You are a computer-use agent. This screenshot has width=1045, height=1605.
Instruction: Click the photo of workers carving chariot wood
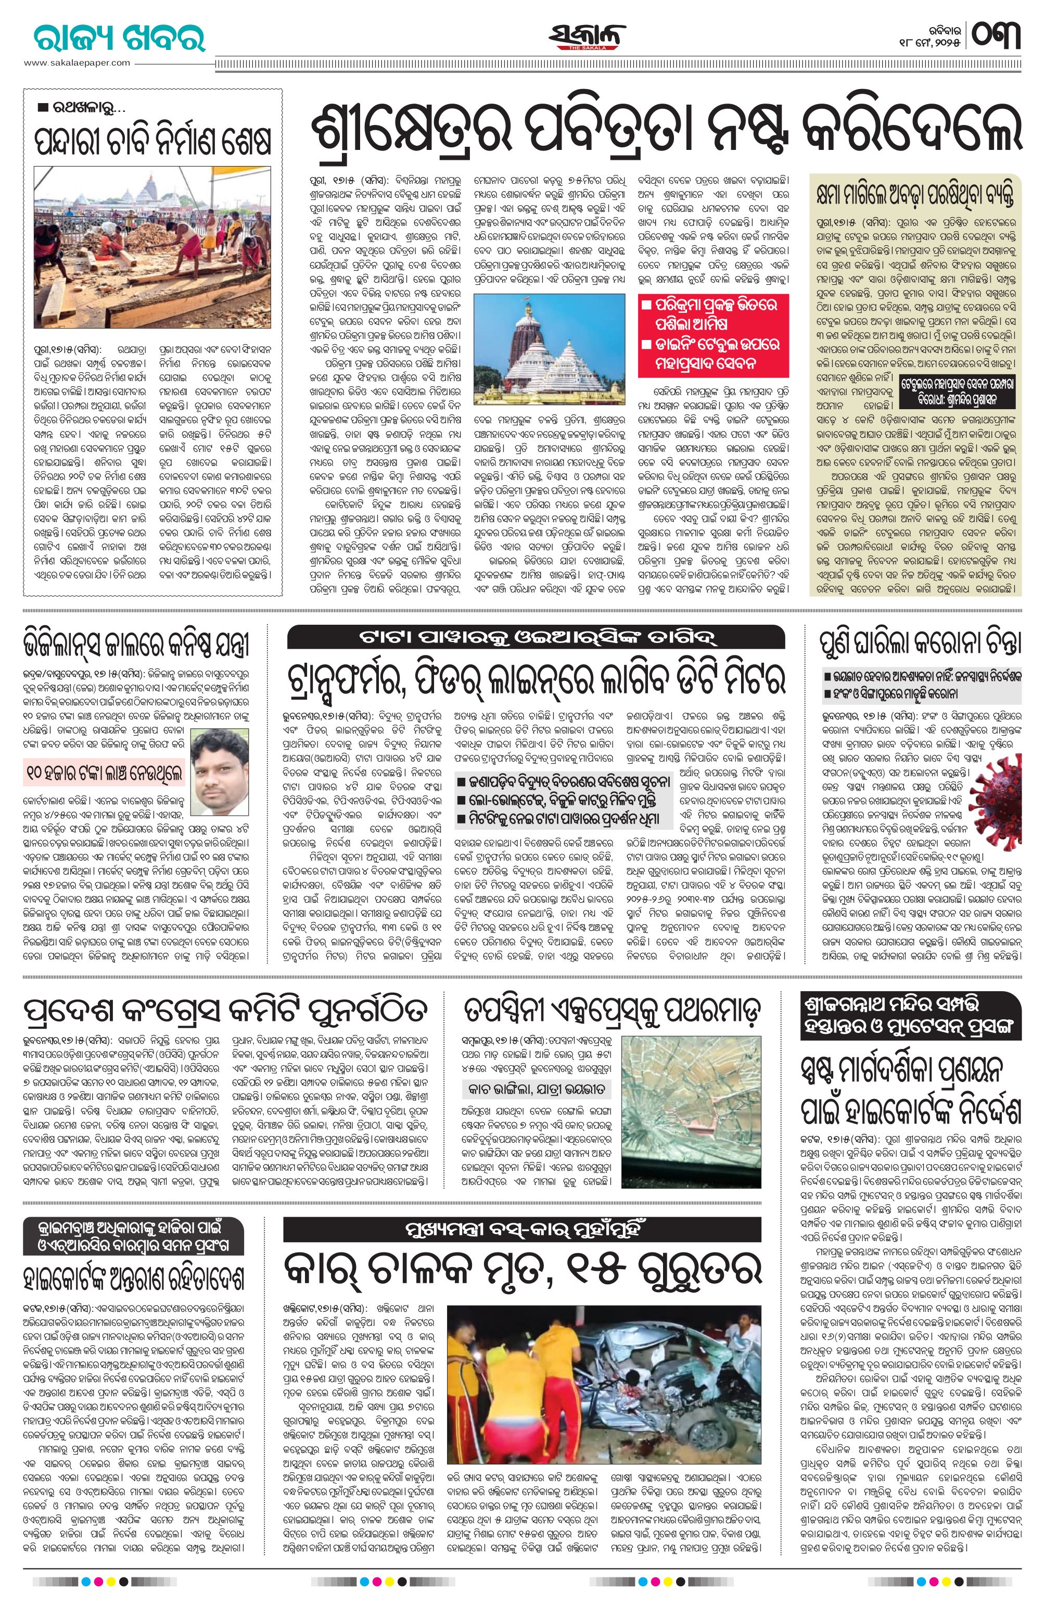click(152, 257)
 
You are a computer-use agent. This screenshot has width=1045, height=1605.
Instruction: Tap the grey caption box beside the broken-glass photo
click(536, 1089)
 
